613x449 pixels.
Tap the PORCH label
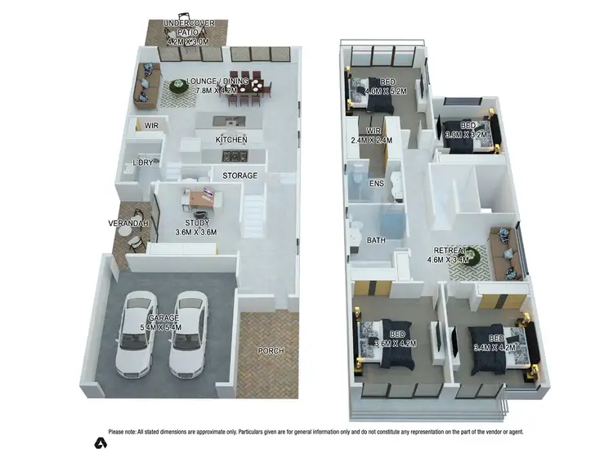coord(271,351)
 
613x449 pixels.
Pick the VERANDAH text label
coord(127,223)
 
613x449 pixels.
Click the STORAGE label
coord(240,176)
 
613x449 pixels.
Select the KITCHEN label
coord(231,140)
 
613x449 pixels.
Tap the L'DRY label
coord(144,162)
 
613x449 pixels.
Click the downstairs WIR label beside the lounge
coord(151,126)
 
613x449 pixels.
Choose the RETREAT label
coord(447,251)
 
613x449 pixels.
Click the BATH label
coord(377,241)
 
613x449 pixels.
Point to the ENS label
coord(377,184)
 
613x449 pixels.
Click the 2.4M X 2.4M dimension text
coord(373,140)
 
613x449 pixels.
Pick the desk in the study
coord(200,197)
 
